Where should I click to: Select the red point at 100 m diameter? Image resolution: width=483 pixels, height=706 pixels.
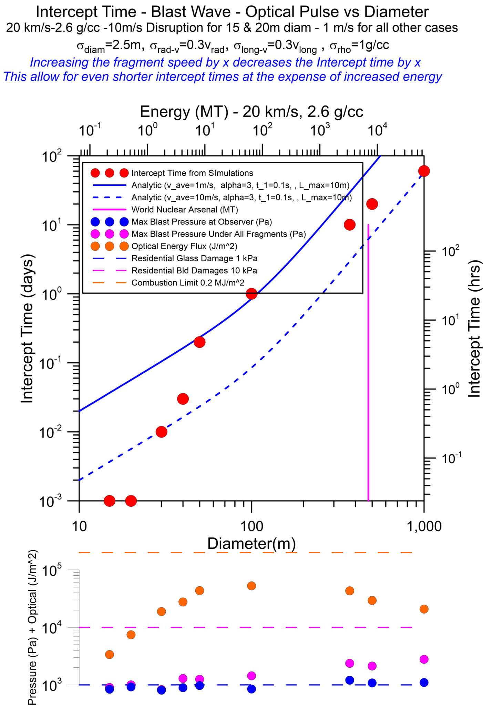click(251, 294)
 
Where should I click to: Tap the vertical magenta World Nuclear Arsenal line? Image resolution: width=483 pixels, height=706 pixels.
click(368, 379)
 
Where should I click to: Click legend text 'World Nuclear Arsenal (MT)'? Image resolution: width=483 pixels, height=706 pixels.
click(185, 210)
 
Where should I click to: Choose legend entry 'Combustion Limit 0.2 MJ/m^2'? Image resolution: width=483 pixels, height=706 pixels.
click(188, 283)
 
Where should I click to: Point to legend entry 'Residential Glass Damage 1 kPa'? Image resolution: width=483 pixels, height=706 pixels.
click(194, 258)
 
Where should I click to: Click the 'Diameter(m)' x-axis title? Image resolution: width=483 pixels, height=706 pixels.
click(251, 543)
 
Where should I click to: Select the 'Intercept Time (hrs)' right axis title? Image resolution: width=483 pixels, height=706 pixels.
click(474, 331)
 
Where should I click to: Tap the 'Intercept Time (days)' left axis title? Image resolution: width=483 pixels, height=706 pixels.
click(27, 329)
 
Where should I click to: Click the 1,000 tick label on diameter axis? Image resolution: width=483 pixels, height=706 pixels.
click(423, 526)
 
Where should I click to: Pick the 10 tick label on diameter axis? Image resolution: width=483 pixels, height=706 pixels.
click(79, 526)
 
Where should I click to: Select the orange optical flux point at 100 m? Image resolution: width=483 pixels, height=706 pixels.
click(251, 586)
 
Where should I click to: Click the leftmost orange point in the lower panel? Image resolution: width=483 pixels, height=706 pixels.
click(109, 654)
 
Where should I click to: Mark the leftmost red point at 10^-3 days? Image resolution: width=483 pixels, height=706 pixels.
click(109, 501)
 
